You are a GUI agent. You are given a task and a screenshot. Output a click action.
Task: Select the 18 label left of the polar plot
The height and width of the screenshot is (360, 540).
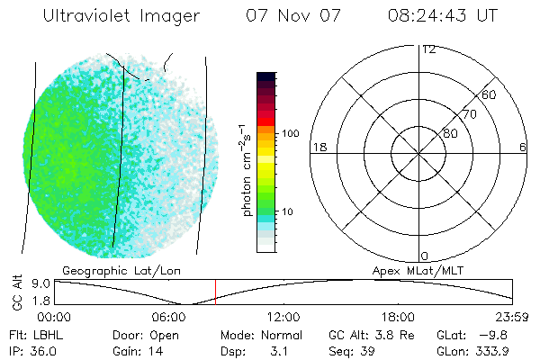[x=318, y=147]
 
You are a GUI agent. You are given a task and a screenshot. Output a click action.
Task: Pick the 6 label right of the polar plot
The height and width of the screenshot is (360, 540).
[x=523, y=147]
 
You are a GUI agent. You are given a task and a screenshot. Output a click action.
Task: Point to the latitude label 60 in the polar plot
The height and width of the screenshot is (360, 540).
[x=489, y=94]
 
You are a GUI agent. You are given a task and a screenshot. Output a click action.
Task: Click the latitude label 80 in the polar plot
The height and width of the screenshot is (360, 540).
[x=449, y=133]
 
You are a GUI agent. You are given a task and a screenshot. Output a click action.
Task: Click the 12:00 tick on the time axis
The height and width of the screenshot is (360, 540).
[x=283, y=317]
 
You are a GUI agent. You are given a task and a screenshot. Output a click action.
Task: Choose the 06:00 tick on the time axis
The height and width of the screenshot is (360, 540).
[x=168, y=317]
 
